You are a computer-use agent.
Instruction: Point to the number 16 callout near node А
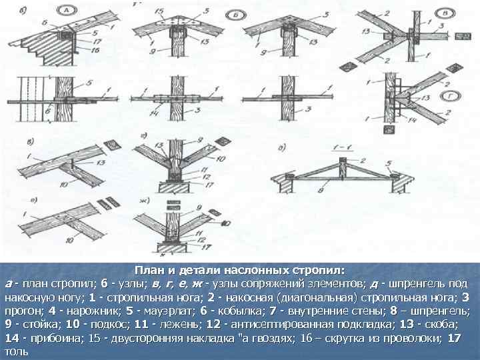97,49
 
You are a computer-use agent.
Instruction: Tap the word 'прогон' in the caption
21,311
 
